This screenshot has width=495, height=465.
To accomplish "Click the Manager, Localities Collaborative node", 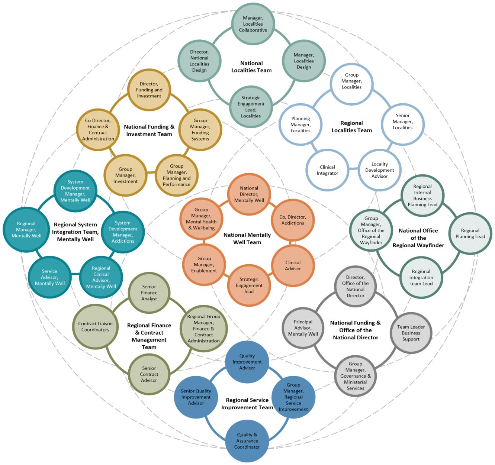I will pos(253,24).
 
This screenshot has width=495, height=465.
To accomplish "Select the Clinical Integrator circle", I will pos(327,170).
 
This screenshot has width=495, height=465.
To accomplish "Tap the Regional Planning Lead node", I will pos(470,233).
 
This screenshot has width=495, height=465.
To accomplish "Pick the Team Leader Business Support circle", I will pos(411,333).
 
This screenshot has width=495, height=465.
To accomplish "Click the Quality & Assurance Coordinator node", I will pos(247,441).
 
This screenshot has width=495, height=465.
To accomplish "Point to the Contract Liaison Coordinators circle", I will pos(95,327).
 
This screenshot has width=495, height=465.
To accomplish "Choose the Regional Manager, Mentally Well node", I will pos(26,230).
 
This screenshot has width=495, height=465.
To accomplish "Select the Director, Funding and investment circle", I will pos(149,90).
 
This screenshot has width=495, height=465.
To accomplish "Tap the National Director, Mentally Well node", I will pos(249,194).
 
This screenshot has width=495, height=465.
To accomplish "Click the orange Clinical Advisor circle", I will pos(293,265).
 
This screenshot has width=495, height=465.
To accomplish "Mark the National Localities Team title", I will pos(251,67).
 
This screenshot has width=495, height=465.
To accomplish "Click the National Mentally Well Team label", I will pos(247,239).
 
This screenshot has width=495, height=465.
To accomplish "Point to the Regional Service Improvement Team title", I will pos(247,404).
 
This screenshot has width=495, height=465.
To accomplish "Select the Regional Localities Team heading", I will pos(351,127).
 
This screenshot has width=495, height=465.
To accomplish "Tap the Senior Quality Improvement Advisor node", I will pos(196,397).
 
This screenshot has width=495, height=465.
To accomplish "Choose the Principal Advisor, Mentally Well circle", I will pos(303,328).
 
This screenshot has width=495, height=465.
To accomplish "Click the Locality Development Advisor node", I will pos(379,170).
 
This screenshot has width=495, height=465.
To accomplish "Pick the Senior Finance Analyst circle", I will pos(149,293).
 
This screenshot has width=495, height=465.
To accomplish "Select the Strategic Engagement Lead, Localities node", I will pos(251,107).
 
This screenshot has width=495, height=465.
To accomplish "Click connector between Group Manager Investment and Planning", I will pos(151,173).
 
